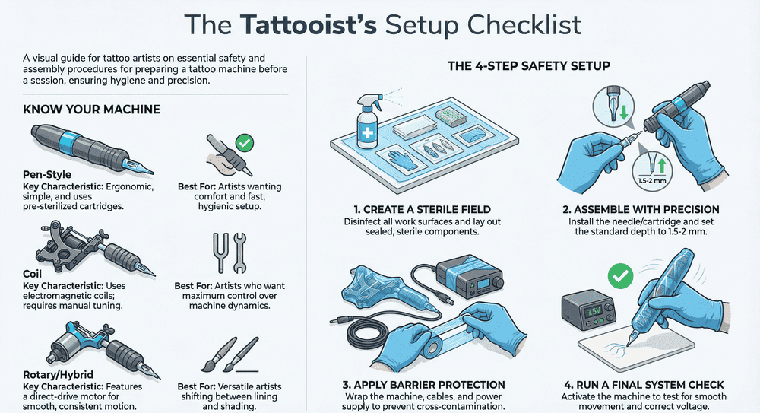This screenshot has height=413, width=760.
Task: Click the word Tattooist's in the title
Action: point(308,24)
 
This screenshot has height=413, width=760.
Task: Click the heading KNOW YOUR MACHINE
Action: point(92,110)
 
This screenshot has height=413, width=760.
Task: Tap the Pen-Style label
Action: point(47,175)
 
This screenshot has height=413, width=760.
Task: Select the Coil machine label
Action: point(33,274)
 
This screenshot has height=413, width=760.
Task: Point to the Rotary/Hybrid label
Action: point(59,375)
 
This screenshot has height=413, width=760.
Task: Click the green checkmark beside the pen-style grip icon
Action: point(244,143)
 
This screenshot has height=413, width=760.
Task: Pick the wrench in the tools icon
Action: point(239,253)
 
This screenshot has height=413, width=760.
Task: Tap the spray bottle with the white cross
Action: point(368,122)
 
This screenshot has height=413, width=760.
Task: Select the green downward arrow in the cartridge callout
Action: point(624,111)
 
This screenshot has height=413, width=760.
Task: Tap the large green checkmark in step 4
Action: point(620,276)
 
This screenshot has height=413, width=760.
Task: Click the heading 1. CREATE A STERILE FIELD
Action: point(422,210)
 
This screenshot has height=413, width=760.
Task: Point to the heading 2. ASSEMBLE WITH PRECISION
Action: point(641,210)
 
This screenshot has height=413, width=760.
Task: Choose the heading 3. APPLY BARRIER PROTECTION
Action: point(423,385)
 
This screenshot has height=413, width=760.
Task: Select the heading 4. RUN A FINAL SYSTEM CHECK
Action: point(644,385)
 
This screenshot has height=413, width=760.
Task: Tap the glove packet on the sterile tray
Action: point(402,157)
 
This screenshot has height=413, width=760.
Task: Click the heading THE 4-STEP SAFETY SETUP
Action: point(529,66)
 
